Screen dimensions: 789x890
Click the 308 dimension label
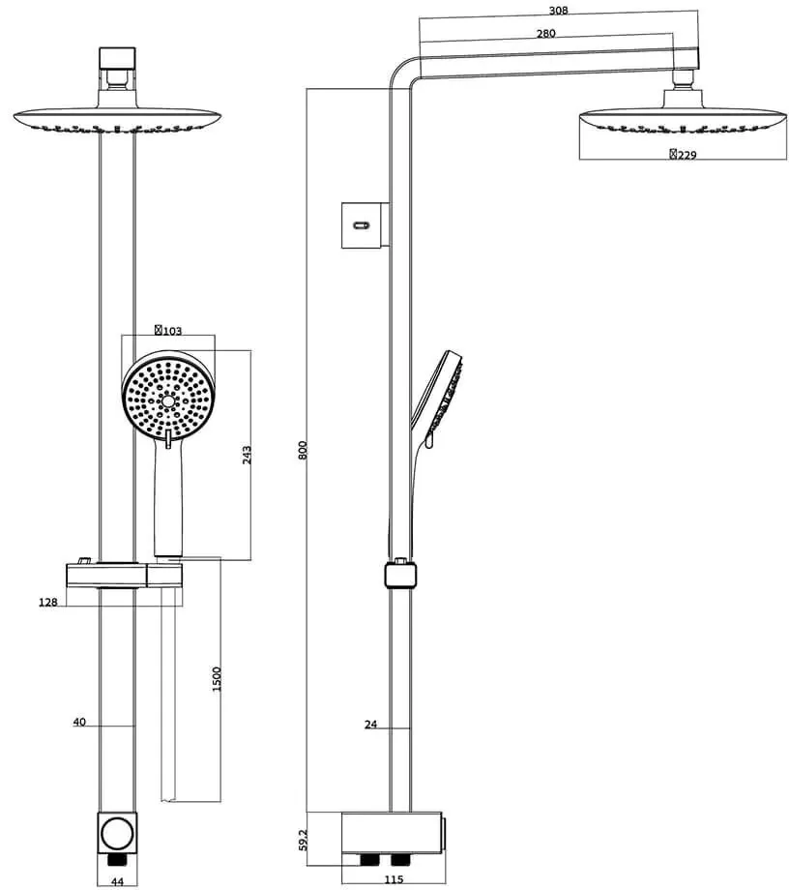[x=558, y=11]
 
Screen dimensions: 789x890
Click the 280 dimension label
[x=545, y=34]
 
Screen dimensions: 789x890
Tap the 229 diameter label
[x=683, y=155]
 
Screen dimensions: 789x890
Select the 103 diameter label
[x=168, y=330]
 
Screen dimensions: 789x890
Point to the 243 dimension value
[x=247, y=455]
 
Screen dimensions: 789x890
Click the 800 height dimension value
[x=303, y=450]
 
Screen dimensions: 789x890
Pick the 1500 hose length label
[x=217, y=679]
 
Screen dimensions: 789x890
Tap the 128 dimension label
[x=48, y=603]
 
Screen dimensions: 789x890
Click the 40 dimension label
[x=79, y=722]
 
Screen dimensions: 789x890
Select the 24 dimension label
[x=370, y=725]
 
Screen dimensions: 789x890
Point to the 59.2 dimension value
[x=303, y=840]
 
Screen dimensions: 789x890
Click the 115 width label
[x=394, y=879]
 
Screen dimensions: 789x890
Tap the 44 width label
[x=117, y=881]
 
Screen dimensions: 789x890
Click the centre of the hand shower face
[x=168, y=400]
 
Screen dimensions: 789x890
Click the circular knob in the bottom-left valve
[x=117, y=833]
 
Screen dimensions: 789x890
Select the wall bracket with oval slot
[x=365, y=225]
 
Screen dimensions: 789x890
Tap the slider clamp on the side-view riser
[x=400, y=574]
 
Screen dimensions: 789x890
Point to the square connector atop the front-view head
[x=117, y=58]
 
